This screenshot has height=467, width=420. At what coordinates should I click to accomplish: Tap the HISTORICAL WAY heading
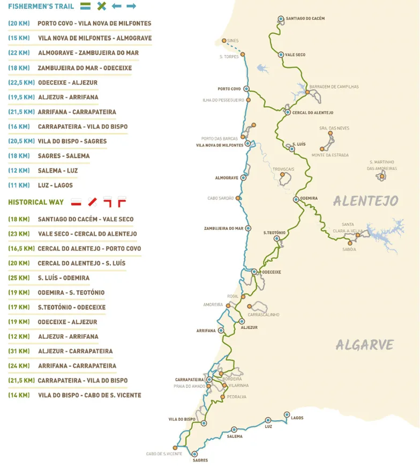tap(36, 202)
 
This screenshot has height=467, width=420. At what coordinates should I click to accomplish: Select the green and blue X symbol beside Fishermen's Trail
tap(101, 6)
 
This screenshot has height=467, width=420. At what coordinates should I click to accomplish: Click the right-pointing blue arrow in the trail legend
tap(131, 6)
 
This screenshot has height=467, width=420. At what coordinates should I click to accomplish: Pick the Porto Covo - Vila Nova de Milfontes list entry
tap(94, 24)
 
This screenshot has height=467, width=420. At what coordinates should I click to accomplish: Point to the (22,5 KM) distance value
tap(21, 83)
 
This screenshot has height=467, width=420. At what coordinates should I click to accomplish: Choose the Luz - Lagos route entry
tap(55, 185)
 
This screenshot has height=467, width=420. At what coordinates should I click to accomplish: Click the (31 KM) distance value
tap(19, 351)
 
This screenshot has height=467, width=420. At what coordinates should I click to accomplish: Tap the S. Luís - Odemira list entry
tap(64, 278)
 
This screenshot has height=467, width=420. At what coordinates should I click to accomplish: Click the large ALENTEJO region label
tap(366, 201)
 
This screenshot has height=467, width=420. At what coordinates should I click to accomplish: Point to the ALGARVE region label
tap(365, 345)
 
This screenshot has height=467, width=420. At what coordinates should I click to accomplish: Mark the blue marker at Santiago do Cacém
tap(281, 19)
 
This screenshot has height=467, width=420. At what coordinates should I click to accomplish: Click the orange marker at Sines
tap(223, 41)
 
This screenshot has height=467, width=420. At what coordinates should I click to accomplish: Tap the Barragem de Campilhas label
tap(334, 86)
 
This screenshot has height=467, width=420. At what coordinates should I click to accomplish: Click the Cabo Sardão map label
tap(220, 198)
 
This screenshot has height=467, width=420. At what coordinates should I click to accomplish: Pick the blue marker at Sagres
tap(194, 454)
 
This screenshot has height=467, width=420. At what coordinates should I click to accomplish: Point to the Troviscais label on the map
tap(283, 169)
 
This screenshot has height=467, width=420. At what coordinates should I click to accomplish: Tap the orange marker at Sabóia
tap(349, 243)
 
